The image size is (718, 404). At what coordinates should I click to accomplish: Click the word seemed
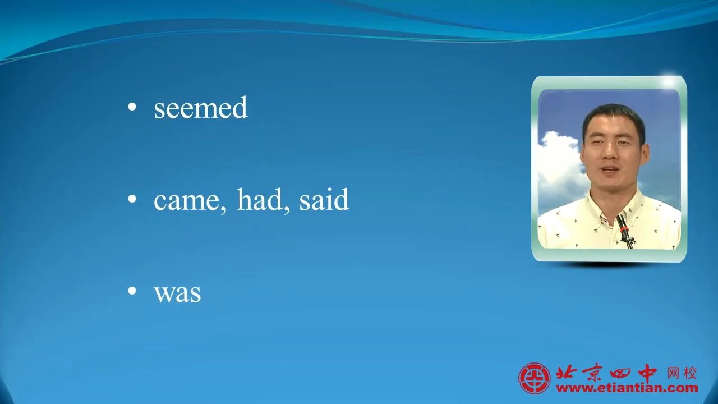(201, 107)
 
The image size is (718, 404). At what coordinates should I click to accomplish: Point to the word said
(324, 199)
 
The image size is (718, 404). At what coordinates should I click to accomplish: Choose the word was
(178, 293)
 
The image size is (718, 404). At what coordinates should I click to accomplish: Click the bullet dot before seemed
(132, 107)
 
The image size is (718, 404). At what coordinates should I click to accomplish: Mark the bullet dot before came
(132, 199)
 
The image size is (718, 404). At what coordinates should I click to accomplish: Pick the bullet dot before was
(132, 291)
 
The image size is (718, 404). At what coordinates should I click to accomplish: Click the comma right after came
(223, 210)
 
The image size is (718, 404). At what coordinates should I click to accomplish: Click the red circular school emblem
(535, 378)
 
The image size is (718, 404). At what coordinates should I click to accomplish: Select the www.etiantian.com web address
(627, 388)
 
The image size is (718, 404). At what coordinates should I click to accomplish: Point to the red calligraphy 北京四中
(606, 373)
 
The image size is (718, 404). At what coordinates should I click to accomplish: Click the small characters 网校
(682, 374)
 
